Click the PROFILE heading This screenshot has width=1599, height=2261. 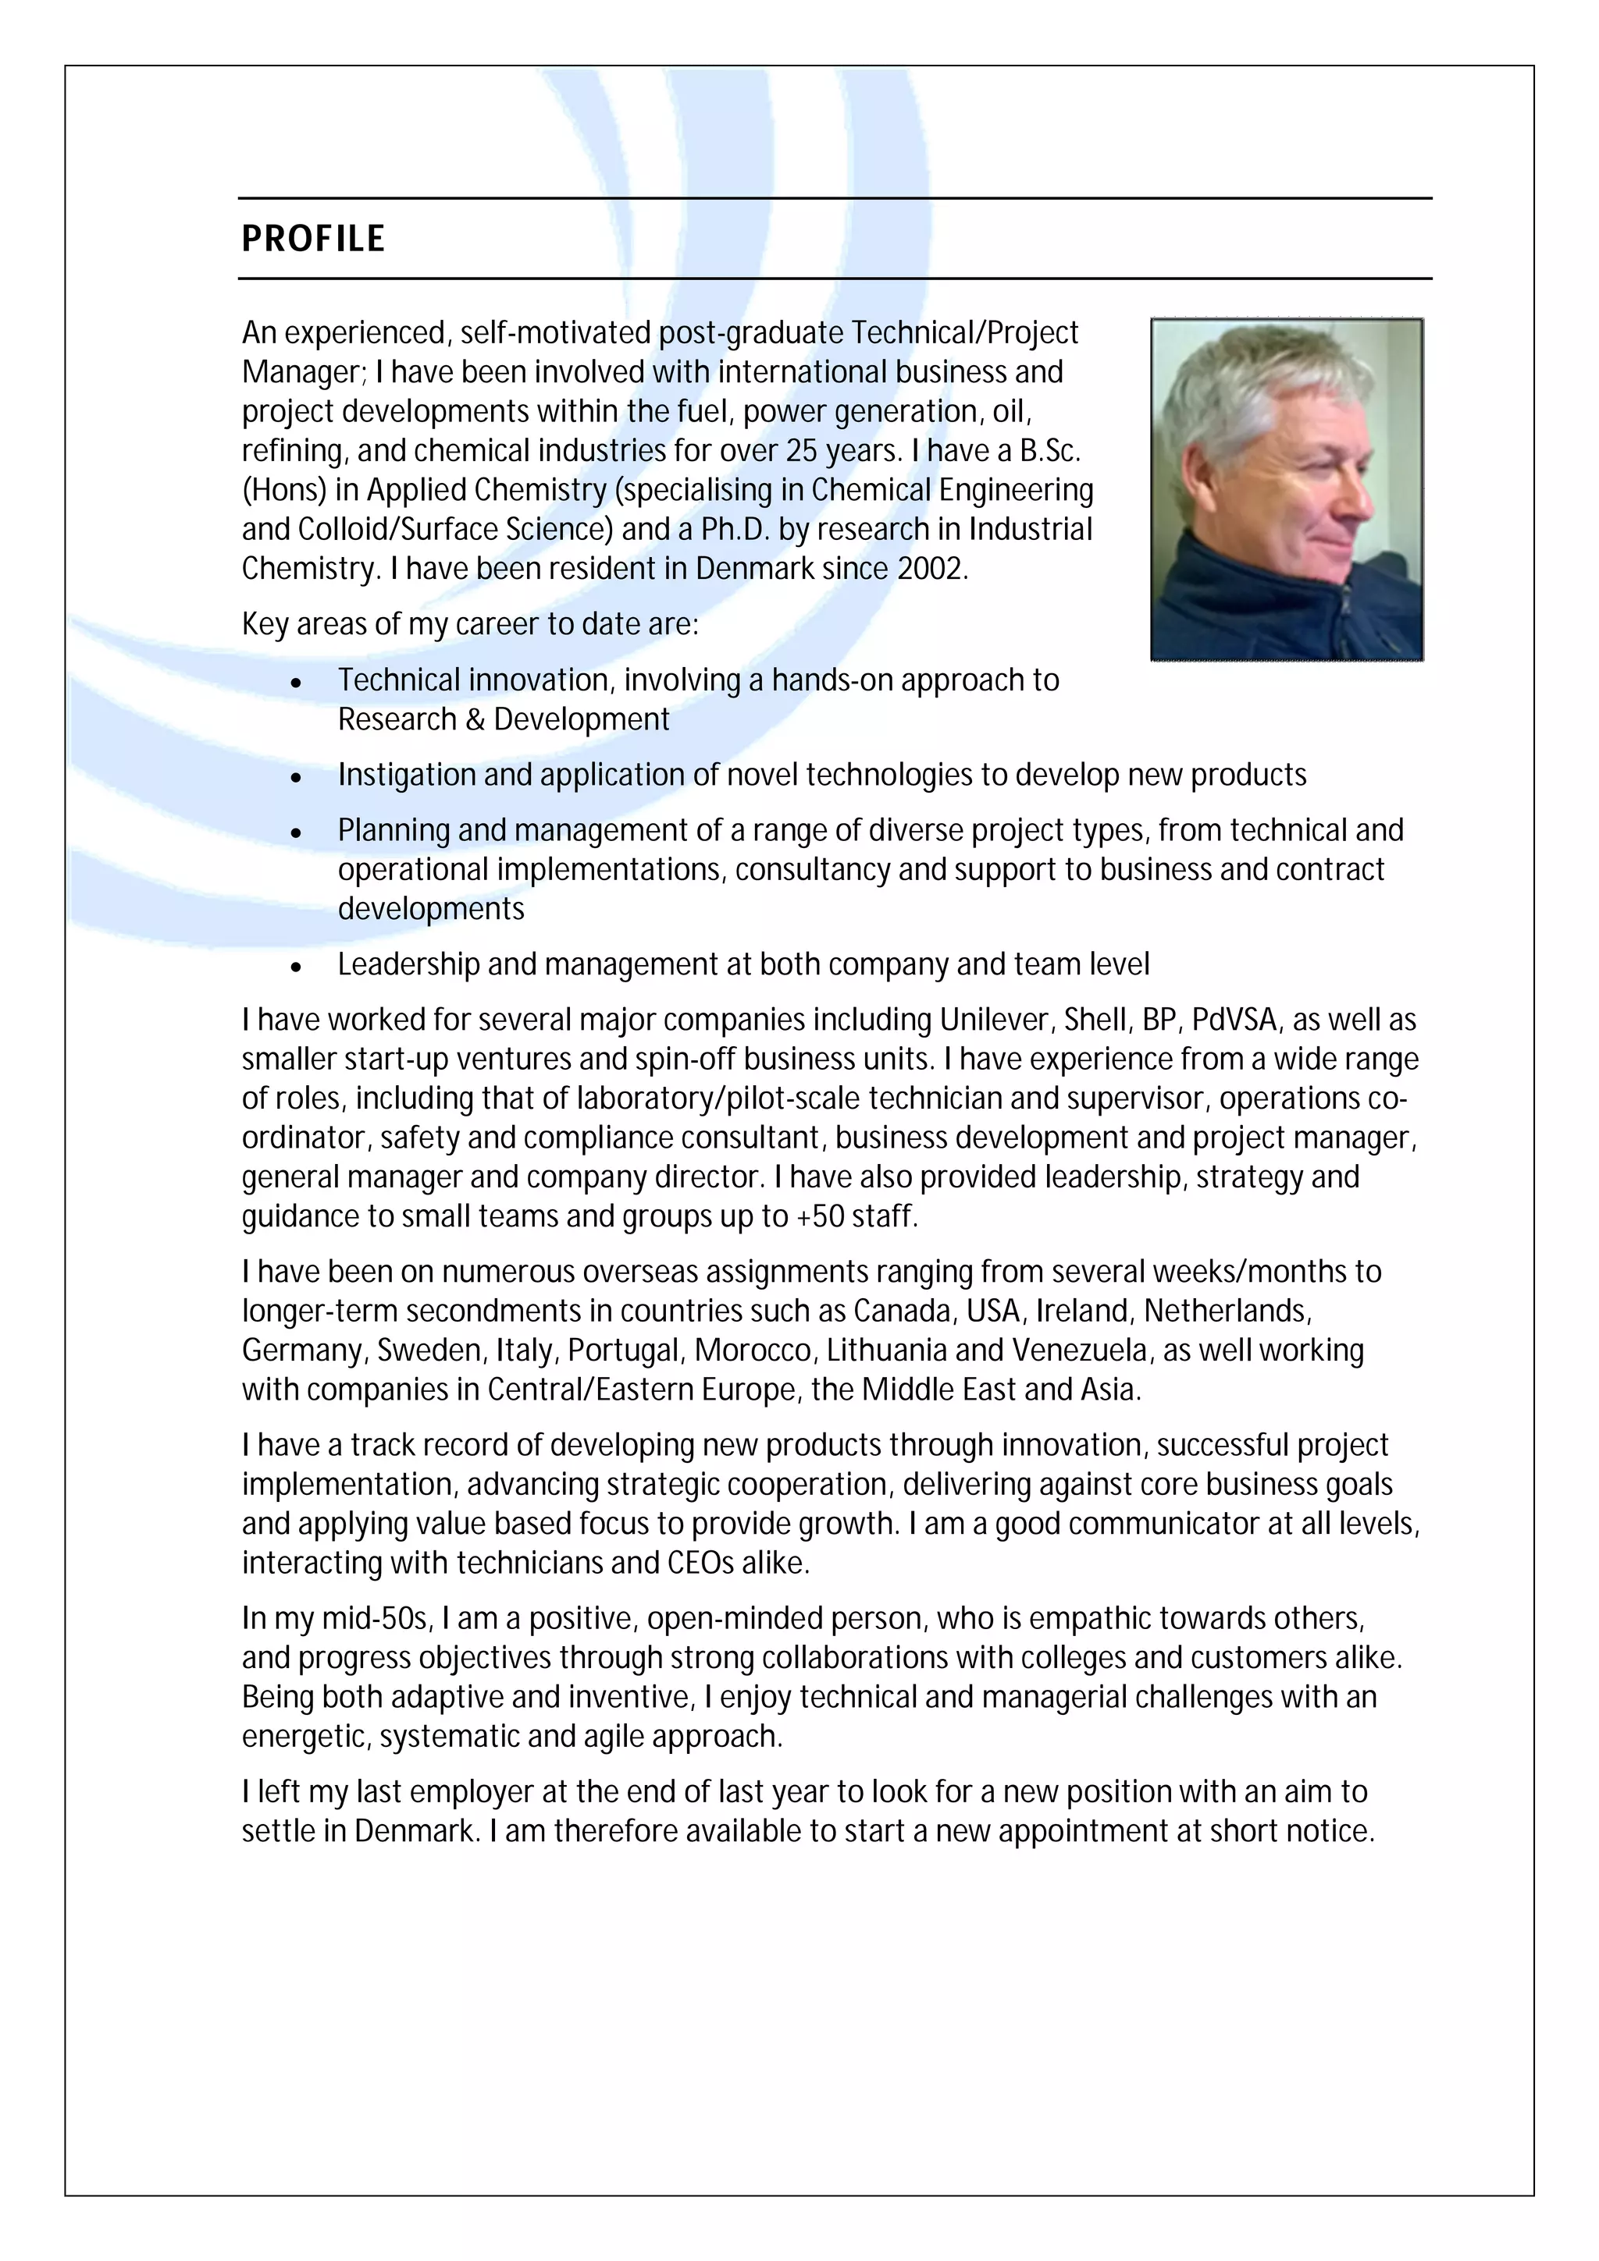pyautogui.click(x=313, y=238)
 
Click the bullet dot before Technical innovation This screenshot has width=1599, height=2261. pyautogui.click(x=296, y=681)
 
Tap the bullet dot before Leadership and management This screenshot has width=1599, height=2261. pyautogui.click(x=296, y=966)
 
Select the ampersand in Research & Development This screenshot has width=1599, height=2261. pyautogui.click(x=475, y=720)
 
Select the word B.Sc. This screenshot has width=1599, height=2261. pyautogui.click(x=1049, y=450)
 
